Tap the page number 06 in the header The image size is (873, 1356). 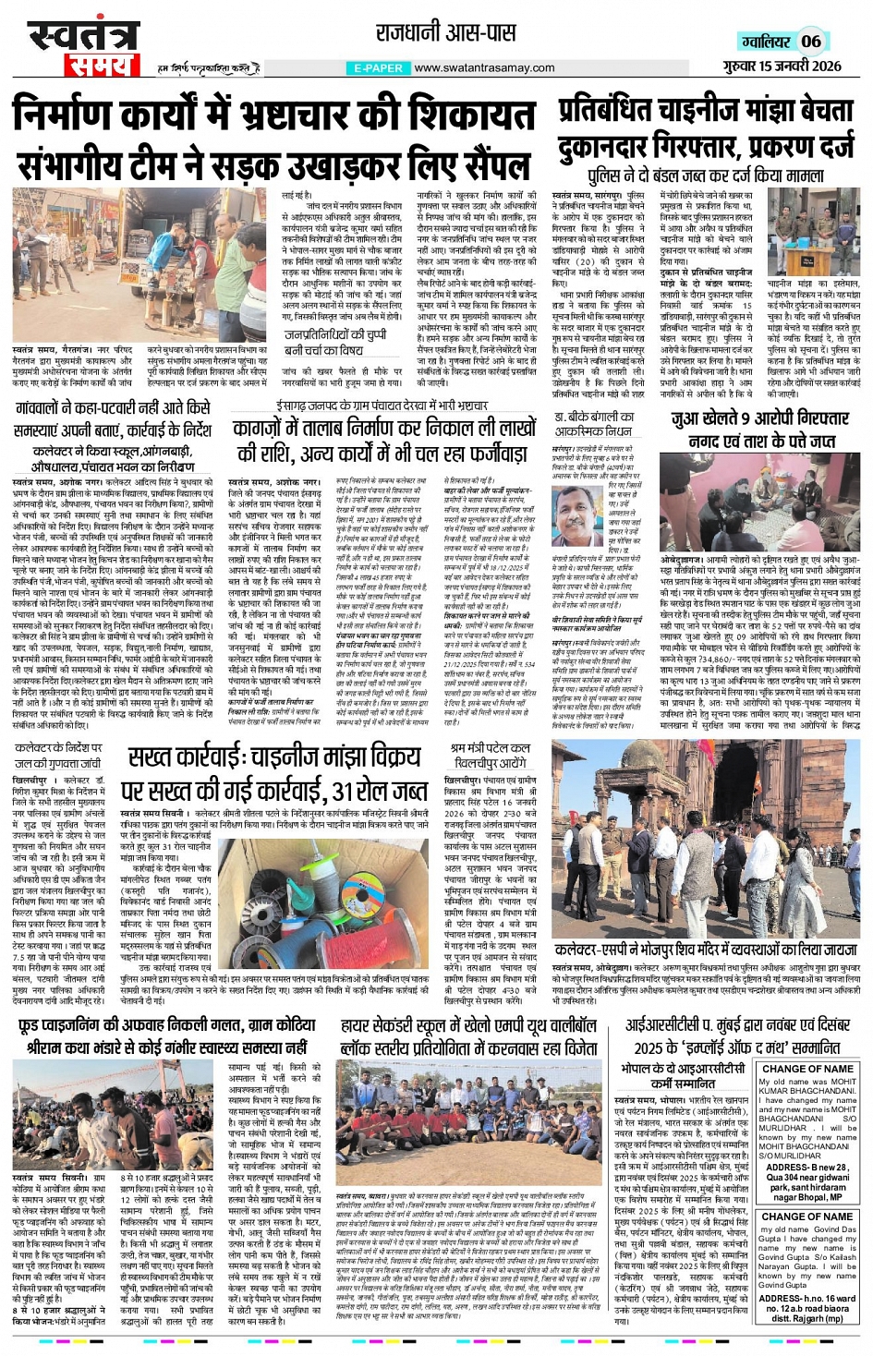tap(810, 41)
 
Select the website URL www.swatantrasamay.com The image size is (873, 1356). tap(484, 68)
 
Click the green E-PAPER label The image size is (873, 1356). tap(378, 68)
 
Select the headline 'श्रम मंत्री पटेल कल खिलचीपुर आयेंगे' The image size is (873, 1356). tap(490, 755)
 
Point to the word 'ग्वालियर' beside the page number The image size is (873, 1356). tap(764, 42)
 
